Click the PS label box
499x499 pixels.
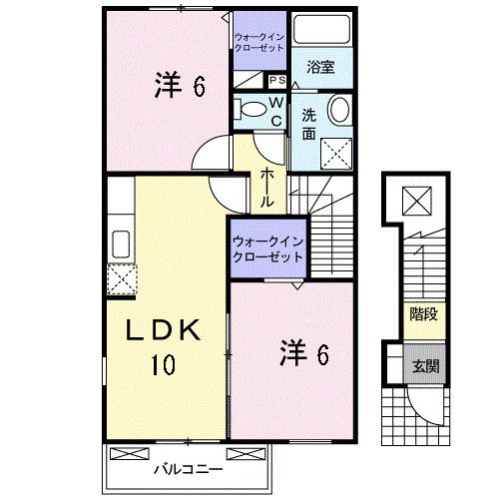click(277, 81)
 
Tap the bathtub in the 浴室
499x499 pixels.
click(321, 29)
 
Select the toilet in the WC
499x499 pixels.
click(250, 109)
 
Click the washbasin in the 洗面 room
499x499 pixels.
click(339, 110)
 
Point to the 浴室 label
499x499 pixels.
click(320, 67)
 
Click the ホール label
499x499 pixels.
click(266, 187)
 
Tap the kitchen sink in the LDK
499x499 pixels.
click(121, 244)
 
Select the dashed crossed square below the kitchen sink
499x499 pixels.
click(122, 279)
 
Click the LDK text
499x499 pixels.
click(163, 330)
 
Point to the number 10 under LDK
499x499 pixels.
click(164, 364)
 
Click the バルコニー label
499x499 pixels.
click(188, 470)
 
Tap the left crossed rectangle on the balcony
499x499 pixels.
click(130, 454)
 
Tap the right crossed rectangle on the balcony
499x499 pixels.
click(246, 454)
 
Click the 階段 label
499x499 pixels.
click(423, 313)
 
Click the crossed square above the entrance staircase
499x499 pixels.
click(417, 201)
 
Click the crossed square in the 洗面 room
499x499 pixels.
click(336, 154)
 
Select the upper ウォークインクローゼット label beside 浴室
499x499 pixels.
click(259, 42)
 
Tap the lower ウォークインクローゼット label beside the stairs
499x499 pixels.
click(268, 249)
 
